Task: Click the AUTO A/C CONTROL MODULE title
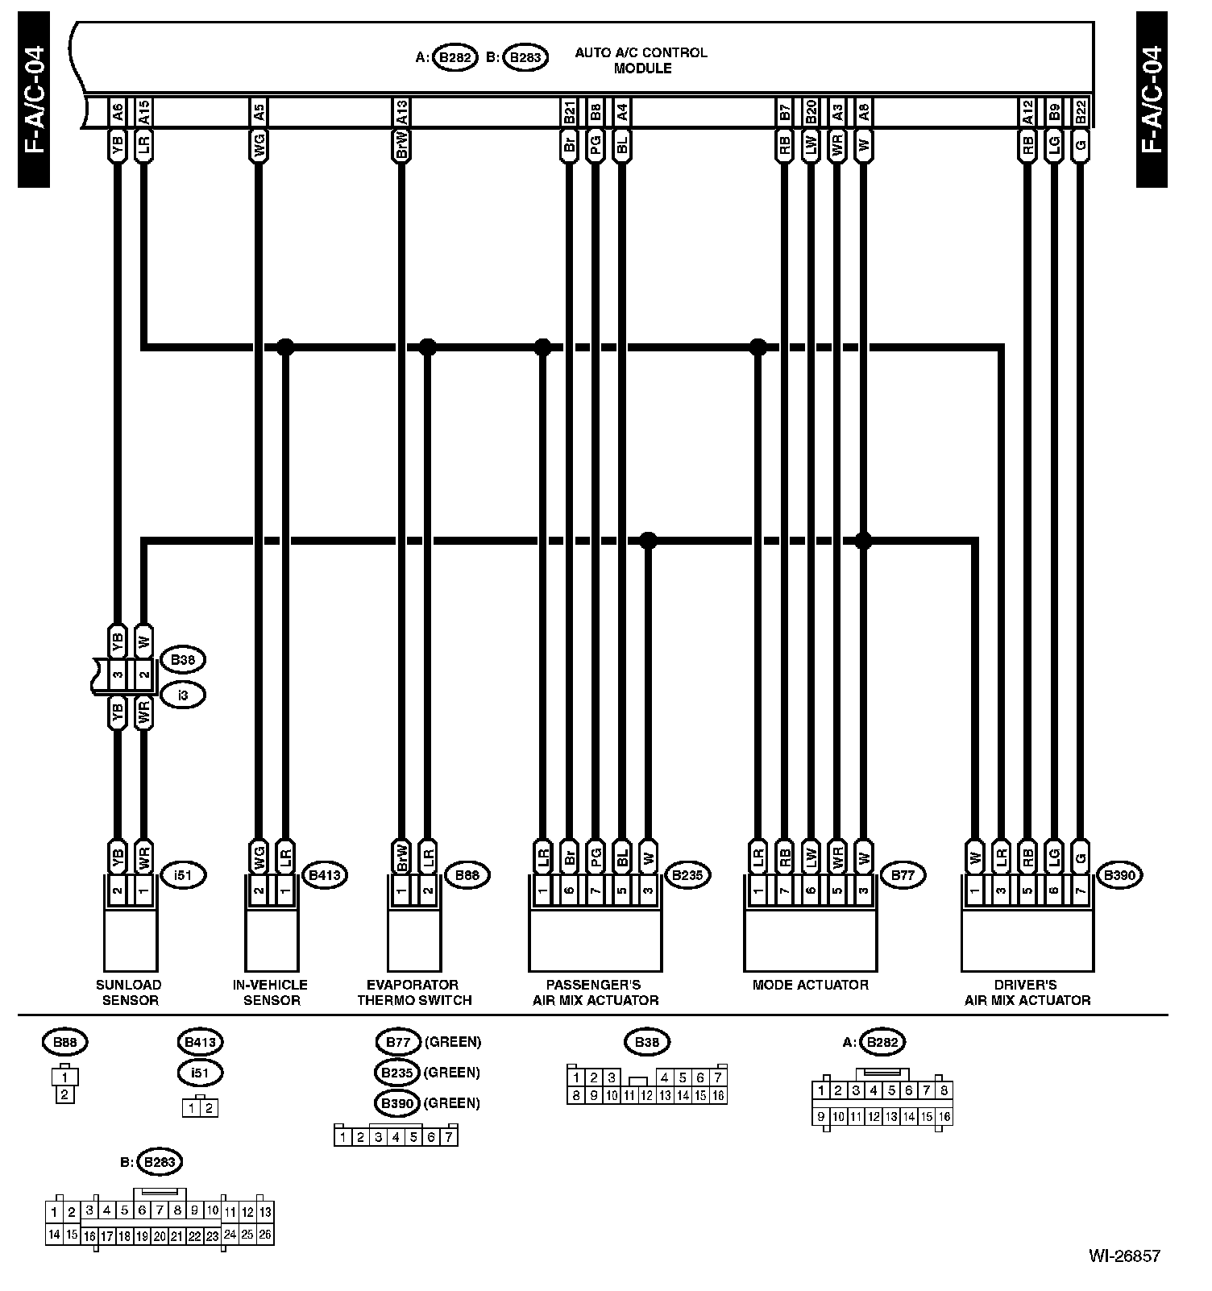pyautogui.click(x=641, y=60)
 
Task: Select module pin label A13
pyautogui.click(x=401, y=111)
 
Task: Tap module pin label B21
pyautogui.click(x=569, y=111)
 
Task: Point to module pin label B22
pyautogui.click(x=1081, y=111)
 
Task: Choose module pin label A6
pyautogui.click(x=118, y=111)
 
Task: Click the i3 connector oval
pyautogui.click(x=182, y=695)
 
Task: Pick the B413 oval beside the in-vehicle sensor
pyautogui.click(x=325, y=875)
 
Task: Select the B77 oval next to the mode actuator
pyautogui.click(x=903, y=875)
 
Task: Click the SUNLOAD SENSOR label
pyautogui.click(x=129, y=992)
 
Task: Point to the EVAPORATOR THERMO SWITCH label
pyautogui.click(x=414, y=992)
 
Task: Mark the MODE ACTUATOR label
pyautogui.click(x=810, y=985)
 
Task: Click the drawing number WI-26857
pyautogui.click(x=1124, y=1256)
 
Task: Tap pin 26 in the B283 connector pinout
pyautogui.click(x=265, y=1235)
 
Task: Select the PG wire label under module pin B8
pyautogui.click(x=595, y=146)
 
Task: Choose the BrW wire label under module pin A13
pyautogui.click(x=401, y=146)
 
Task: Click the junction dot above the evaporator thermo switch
pyautogui.click(x=428, y=347)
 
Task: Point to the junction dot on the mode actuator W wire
pyautogui.click(x=863, y=540)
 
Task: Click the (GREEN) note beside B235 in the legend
pyautogui.click(x=452, y=1073)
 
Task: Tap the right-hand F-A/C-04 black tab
pyautogui.click(x=1152, y=100)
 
